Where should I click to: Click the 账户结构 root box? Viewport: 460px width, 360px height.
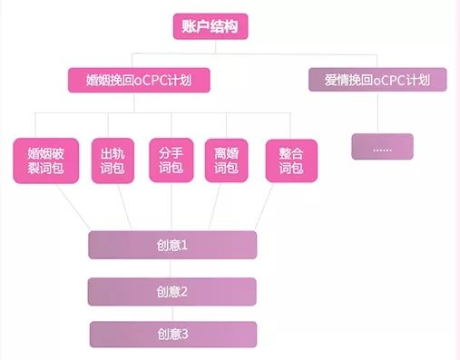pos(209,27)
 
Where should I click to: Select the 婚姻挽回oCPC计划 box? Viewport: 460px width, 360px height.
pos(140,80)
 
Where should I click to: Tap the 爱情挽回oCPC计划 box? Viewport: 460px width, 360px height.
pos(377,80)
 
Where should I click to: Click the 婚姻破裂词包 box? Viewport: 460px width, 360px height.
pos(45,160)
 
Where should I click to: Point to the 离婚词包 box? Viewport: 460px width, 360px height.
pos(228,160)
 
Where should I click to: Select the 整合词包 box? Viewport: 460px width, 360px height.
pos(290,160)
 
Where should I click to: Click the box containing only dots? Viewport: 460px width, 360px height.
pos(382,146)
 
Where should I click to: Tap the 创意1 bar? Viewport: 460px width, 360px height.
pos(172,245)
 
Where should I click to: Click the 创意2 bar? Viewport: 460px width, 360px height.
pos(172,291)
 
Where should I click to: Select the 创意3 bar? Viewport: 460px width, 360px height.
pos(172,335)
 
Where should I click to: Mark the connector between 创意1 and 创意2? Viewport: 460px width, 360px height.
pos(172,268)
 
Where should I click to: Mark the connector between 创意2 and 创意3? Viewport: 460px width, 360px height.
pos(172,313)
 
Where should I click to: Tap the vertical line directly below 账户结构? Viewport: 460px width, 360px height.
pos(209,47)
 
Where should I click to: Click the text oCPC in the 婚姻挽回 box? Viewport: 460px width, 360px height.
pos(155,80)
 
